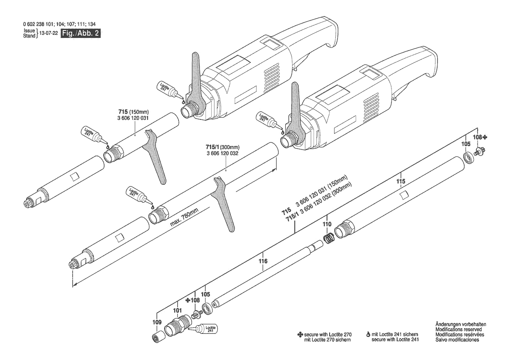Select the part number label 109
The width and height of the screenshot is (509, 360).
(x=156, y=322)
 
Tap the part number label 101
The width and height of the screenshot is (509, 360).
(x=178, y=311)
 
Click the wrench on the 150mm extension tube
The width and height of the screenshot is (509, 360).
(x=154, y=152)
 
